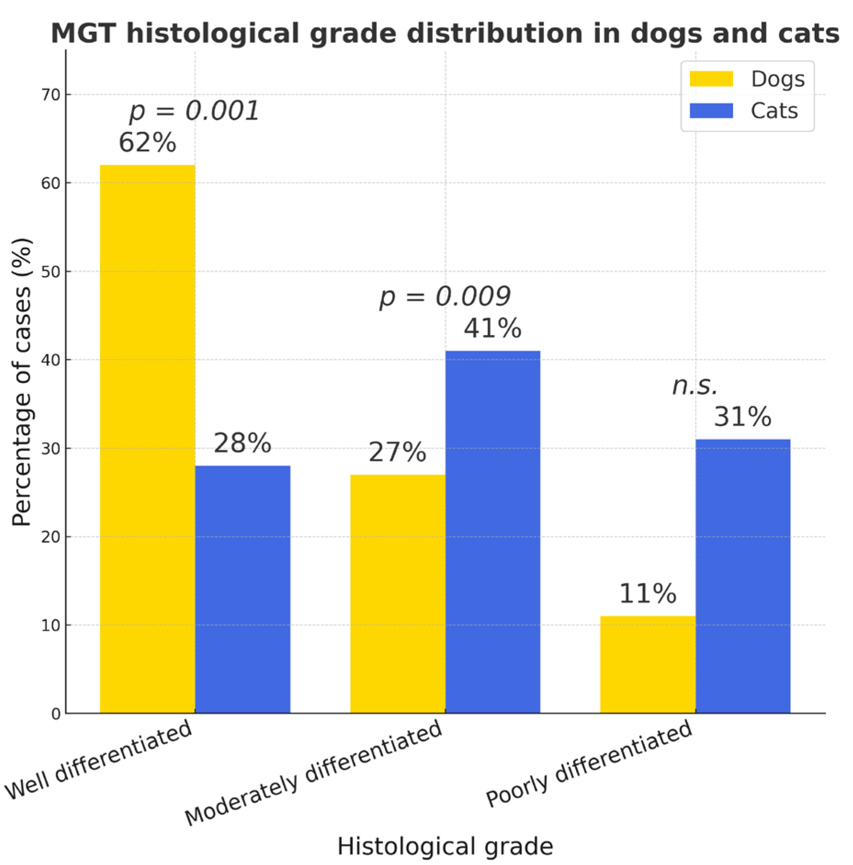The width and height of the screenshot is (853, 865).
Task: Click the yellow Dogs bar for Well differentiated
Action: click(147, 439)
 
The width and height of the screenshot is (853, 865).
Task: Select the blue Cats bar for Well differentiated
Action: click(242, 589)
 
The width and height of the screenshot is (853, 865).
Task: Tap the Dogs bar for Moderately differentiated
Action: click(397, 593)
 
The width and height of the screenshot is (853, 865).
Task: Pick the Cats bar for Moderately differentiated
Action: click(492, 532)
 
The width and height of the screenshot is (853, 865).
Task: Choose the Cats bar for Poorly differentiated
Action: click(742, 576)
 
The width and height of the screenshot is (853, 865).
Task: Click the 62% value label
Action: click(147, 142)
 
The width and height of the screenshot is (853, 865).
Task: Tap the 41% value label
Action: click(492, 328)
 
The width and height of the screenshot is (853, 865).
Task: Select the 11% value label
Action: click(647, 593)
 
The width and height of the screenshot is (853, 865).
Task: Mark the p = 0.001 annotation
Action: click(194, 111)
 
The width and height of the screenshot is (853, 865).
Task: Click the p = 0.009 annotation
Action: click(444, 296)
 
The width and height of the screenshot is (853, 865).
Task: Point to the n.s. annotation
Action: click(694, 386)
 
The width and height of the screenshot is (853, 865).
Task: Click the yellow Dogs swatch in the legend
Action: click(711, 79)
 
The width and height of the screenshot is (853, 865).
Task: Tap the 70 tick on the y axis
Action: click(51, 95)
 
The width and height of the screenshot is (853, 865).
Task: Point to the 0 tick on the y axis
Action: click(56, 714)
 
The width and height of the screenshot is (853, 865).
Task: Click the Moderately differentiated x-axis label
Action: click(313, 773)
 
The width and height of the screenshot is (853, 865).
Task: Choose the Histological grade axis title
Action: click(444, 846)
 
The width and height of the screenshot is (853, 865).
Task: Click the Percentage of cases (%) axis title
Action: click(22, 381)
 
